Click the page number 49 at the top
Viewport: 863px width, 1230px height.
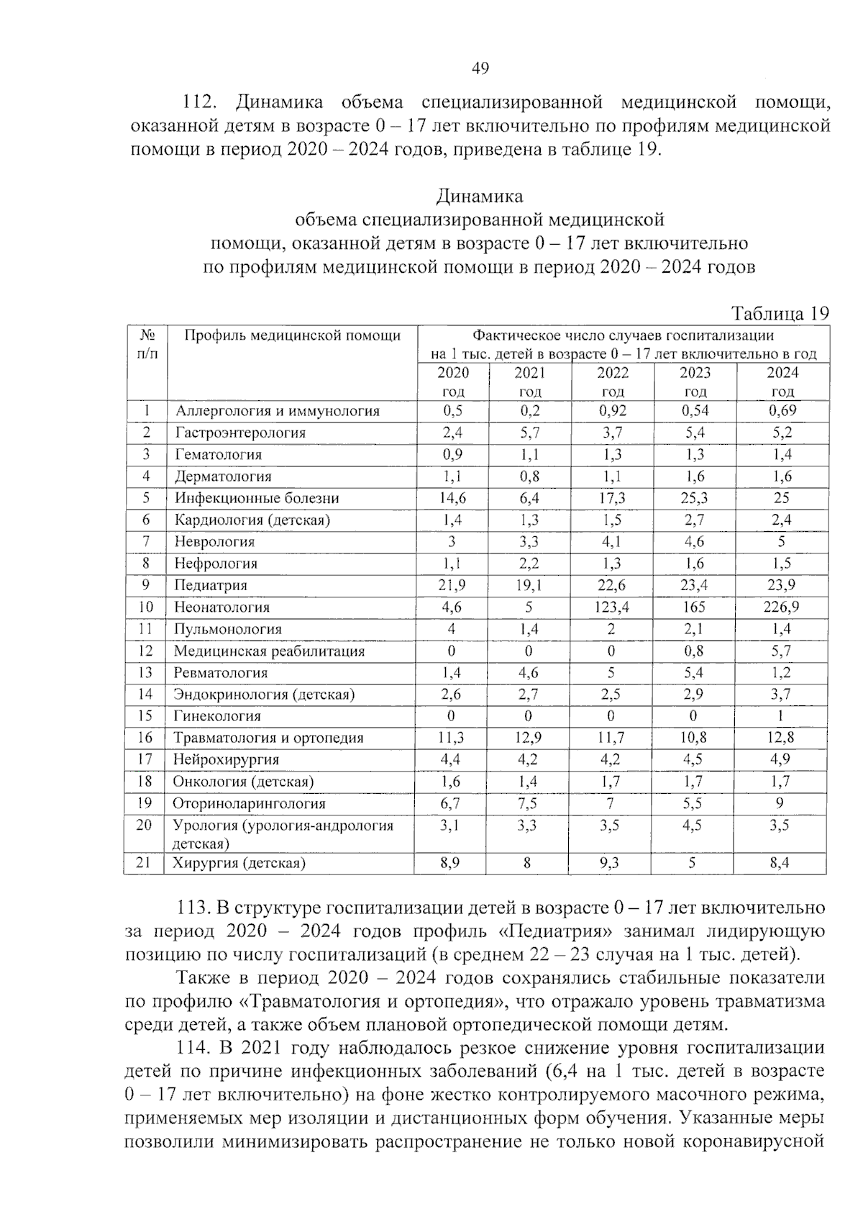[480, 68]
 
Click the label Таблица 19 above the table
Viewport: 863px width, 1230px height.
[780, 314]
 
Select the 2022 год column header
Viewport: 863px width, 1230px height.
[613, 381]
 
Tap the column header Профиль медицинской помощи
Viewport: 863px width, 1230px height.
[292, 335]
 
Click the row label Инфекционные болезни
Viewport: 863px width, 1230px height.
[257, 498]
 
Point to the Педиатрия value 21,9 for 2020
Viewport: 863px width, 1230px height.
[452, 585]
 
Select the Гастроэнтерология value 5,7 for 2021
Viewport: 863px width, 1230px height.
[529, 433]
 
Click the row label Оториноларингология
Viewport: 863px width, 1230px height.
[249, 803]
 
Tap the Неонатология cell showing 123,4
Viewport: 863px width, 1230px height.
[612, 607]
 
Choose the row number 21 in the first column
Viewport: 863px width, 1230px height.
[145, 862]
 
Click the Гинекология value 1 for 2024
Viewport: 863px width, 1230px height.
[780, 716]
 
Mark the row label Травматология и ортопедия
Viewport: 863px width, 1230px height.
[268, 738]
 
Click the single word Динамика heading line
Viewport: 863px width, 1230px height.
[480, 196]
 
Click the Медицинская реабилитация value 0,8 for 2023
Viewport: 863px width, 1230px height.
[695, 651]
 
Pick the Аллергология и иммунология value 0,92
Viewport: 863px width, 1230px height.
[612, 411]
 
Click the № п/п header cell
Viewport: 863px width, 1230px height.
[147, 344]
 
